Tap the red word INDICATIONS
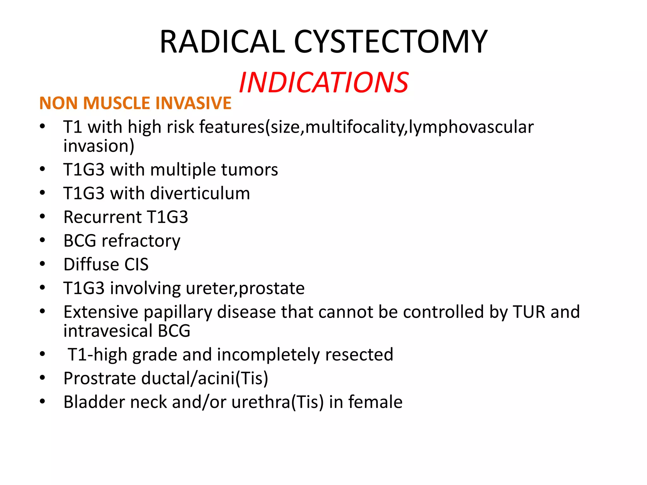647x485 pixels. pyautogui.click(x=323, y=83)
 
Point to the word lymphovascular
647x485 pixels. pyautogui.click(x=471, y=127)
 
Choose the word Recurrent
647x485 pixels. pyautogui.click(x=102, y=217)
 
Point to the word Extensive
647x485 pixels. pyautogui.click(x=101, y=312)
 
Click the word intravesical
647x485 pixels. pyautogui.click(x=108, y=331)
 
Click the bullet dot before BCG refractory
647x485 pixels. pyautogui.click(x=43, y=240)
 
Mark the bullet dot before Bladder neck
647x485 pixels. pyautogui.click(x=43, y=402)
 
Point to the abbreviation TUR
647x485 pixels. pyautogui.click(x=529, y=312)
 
